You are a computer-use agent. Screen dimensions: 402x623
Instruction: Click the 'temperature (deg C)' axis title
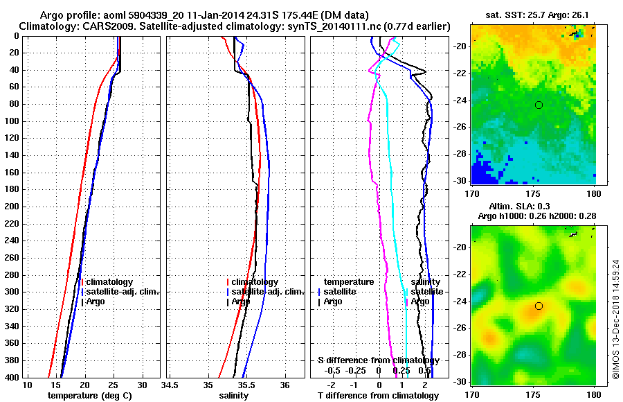click(89, 396)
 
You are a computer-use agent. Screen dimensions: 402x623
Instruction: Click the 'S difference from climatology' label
click(378, 360)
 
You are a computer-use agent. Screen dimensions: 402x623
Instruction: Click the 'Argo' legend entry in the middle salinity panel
click(241, 301)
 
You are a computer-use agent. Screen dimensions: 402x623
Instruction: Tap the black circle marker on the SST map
click(539, 105)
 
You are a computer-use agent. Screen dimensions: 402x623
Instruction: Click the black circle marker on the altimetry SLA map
click(539, 306)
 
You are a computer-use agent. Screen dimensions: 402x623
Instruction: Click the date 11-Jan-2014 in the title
click(208, 15)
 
